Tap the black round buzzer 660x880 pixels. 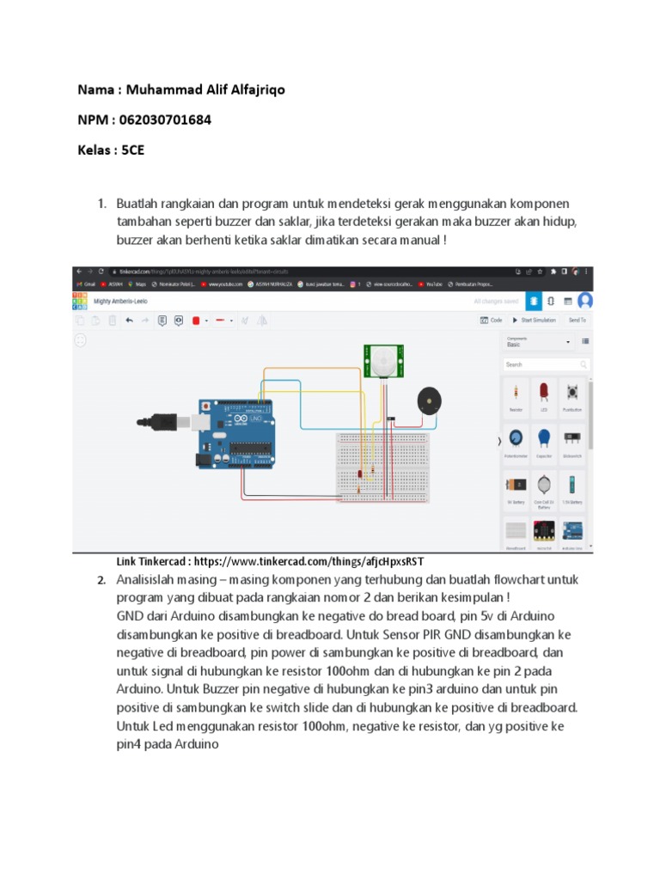tap(430, 401)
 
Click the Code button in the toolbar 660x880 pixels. tap(491, 320)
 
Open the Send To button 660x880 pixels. tap(576, 320)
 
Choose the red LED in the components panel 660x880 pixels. tap(543, 394)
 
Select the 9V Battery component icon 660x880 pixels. tap(516, 486)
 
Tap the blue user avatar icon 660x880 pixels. tap(585, 301)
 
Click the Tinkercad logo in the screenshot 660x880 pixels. tap(80, 301)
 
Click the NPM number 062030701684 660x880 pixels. tap(164, 119)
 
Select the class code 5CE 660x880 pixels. tap(133, 149)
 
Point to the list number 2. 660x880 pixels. tap(101, 581)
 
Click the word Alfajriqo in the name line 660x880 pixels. tap(252, 89)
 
